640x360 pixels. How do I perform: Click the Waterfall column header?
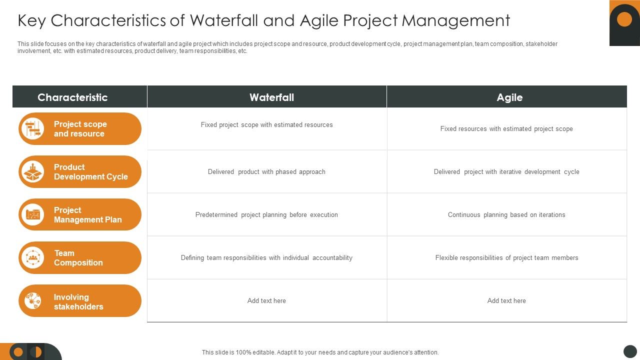(271, 97)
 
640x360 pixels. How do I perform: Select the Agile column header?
(509, 97)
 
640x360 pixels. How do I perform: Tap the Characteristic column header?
(72, 97)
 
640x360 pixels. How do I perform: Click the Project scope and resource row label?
(80, 129)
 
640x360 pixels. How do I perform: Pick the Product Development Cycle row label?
(90, 172)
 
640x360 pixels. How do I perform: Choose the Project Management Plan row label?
(87, 215)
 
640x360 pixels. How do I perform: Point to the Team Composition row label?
(78, 258)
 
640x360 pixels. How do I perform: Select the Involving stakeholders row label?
(78, 302)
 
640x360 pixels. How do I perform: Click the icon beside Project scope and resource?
(33, 129)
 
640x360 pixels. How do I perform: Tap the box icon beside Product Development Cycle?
(33, 172)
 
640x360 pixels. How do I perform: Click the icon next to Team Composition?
(33, 258)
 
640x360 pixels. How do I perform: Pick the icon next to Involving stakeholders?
(33, 301)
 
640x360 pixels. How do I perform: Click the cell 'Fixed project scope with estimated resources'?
(266, 125)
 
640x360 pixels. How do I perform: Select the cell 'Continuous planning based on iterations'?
(506, 215)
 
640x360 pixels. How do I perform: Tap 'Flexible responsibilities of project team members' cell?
(506, 258)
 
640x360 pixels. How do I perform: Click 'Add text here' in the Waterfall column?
(266, 301)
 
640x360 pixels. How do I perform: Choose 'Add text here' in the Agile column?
(506, 301)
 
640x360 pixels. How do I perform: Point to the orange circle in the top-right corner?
(624, 19)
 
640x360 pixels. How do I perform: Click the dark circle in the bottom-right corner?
(630, 351)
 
